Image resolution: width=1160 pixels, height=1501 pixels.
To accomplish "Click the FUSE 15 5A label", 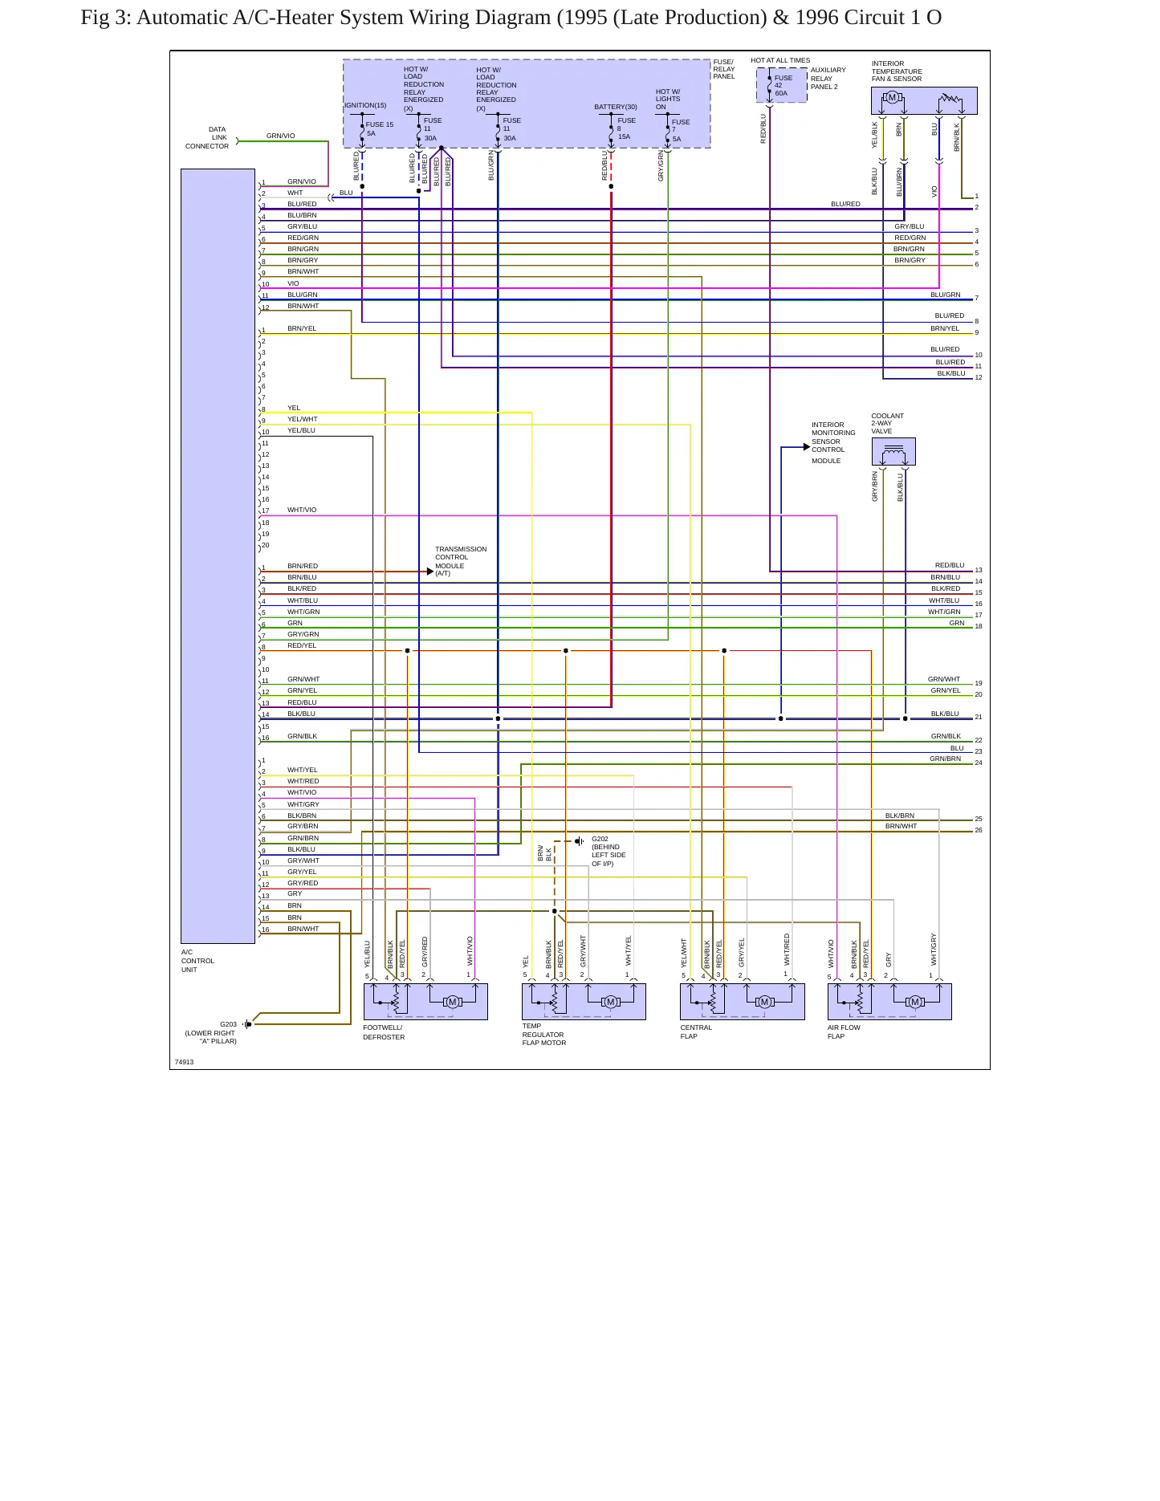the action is (x=380, y=128).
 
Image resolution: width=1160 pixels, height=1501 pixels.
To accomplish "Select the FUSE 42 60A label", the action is (x=783, y=85).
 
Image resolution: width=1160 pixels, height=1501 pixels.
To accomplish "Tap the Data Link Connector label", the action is (x=208, y=137).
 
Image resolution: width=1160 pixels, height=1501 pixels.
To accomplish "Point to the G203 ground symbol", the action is (x=247, y=1023).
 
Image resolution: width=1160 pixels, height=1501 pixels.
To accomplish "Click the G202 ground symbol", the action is (x=580, y=841).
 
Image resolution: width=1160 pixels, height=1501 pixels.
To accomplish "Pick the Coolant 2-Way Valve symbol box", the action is (x=893, y=452).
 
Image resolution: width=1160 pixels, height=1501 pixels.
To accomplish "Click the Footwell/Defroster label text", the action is (x=384, y=1032).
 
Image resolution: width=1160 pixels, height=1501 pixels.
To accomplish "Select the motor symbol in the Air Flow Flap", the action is (x=914, y=1001).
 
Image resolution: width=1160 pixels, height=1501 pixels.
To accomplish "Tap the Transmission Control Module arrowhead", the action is (x=430, y=572).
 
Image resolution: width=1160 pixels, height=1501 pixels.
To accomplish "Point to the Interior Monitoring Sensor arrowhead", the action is (x=807, y=447).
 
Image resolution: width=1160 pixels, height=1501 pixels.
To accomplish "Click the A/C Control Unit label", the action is (x=197, y=961).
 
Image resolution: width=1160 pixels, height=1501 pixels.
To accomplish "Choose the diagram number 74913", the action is (x=184, y=1062).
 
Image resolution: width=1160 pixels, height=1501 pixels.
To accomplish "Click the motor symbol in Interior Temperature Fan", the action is (x=891, y=98).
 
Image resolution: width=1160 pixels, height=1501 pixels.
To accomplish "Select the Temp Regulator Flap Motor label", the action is (x=544, y=1035).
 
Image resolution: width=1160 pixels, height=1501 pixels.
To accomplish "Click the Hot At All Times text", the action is (x=780, y=60).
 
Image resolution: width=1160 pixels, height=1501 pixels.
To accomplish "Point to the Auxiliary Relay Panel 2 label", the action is (x=828, y=78).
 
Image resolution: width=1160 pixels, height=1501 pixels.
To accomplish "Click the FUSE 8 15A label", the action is (x=626, y=128).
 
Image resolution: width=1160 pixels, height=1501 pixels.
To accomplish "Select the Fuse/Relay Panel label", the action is (x=724, y=69).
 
